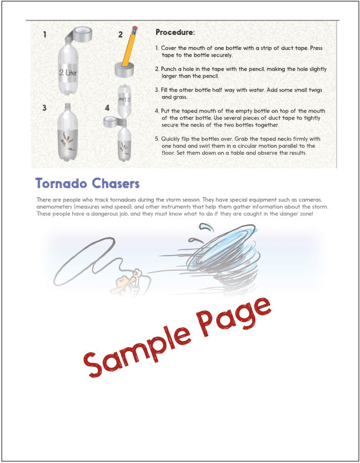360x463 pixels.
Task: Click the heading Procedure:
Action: pos(175,33)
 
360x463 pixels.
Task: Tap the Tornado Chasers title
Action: pos(87,183)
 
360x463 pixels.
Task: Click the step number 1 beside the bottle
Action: pos(45,34)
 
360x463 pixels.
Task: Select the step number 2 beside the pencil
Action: pos(121,34)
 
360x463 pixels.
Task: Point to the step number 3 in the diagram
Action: pos(45,108)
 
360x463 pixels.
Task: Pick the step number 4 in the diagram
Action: pos(107,108)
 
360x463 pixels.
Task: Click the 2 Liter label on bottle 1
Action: pos(69,73)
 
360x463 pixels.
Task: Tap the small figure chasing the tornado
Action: pos(128,280)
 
